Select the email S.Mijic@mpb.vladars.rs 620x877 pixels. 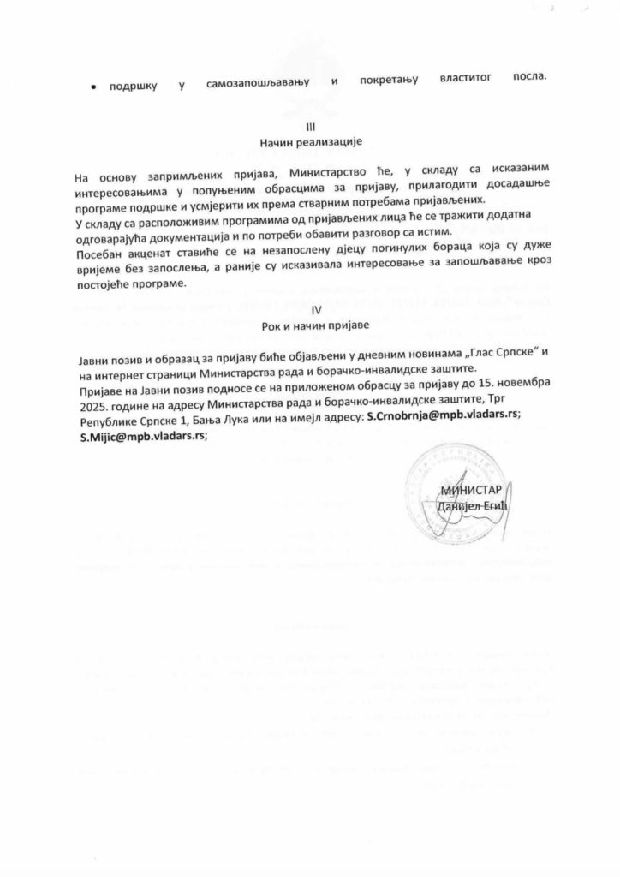click(140, 435)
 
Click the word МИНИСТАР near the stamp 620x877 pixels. click(469, 491)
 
